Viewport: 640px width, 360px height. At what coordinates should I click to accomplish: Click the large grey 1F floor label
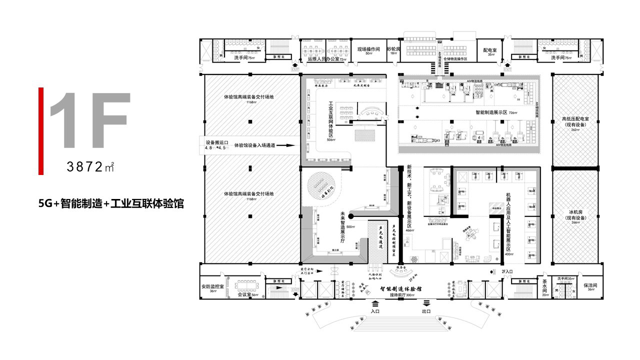90,120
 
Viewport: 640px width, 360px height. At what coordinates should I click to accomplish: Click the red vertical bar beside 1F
41,131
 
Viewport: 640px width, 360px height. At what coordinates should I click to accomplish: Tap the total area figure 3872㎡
90,167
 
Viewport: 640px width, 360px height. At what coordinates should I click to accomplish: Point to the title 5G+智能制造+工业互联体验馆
110,204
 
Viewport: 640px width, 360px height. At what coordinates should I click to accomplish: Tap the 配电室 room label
489,51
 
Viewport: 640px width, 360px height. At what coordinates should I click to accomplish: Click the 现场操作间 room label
369,50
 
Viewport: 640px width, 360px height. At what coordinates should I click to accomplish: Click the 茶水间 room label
544,286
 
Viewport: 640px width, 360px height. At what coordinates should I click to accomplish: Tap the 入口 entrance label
375,311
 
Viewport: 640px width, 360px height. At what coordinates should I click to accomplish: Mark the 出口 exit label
426,311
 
